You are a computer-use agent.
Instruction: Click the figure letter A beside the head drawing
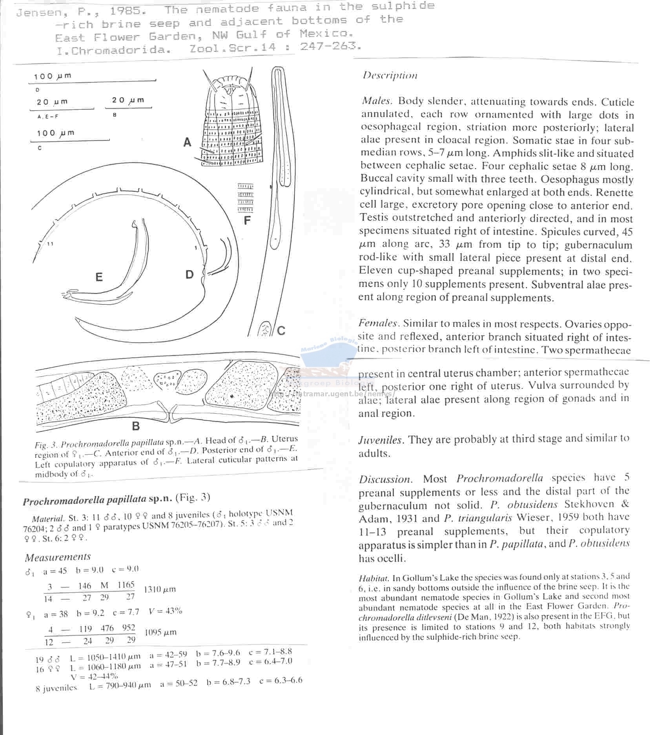pyautogui.click(x=188, y=142)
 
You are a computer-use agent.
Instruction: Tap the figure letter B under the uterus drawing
pyautogui.click(x=136, y=426)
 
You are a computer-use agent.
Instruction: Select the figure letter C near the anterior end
pyautogui.click(x=281, y=331)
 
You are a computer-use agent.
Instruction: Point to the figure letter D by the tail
pyautogui.click(x=190, y=275)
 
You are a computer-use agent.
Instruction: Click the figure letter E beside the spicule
pyautogui.click(x=99, y=278)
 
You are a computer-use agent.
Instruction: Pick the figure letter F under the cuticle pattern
pyautogui.click(x=247, y=221)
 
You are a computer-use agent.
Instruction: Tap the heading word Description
pyautogui.click(x=390, y=75)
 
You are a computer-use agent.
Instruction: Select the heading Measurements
pyautogui.click(x=58, y=557)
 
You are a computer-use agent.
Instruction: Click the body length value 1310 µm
pyautogui.click(x=160, y=589)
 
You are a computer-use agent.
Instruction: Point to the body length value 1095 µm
pyautogui.click(x=160, y=632)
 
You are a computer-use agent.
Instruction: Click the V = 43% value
pyautogui.click(x=166, y=611)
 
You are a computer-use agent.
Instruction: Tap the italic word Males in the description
pyautogui.click(x=377, y=101)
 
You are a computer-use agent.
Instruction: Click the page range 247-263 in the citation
pyautogui.click(x=330, y=47)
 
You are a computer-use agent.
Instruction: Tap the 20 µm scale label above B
pyautogui.click(x=128, y=100)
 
